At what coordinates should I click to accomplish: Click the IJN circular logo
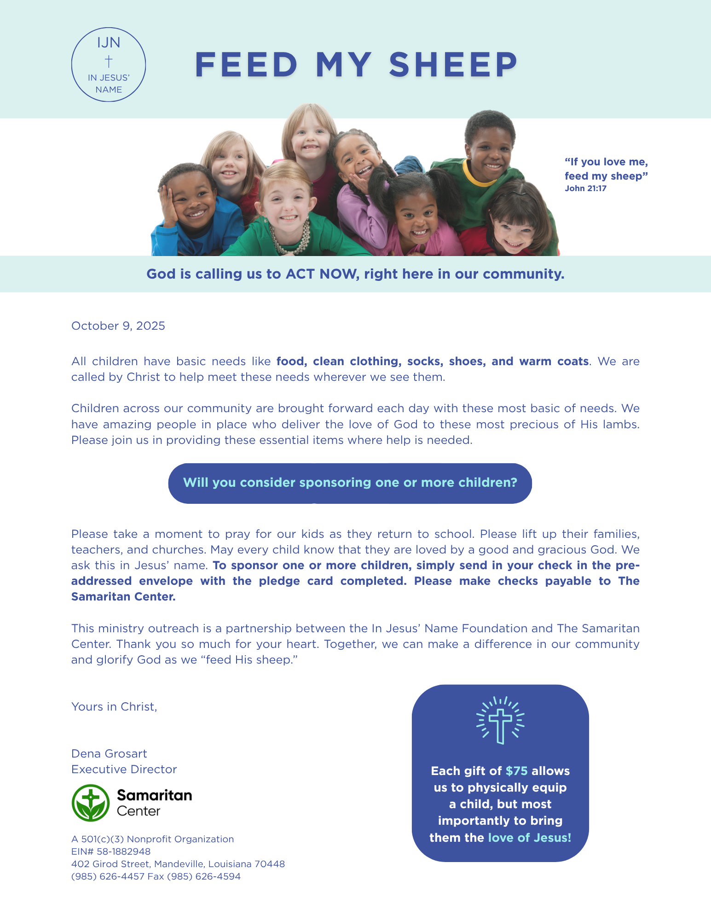(x=109, y=64)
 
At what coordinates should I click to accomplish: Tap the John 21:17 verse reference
(x=585, y=188)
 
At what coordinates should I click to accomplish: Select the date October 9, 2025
(x=118, y=326)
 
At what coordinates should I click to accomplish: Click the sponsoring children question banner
(x=350, y=483)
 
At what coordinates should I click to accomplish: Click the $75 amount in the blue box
(x=516, y=771)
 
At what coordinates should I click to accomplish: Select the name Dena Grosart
(x=109, y=754)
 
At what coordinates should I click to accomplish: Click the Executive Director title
(x=124, y=769)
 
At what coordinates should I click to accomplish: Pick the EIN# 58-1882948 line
(x=111, y=851)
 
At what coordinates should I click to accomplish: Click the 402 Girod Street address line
(x=178, y=864)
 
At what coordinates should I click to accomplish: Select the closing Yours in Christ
(x=114, y=707)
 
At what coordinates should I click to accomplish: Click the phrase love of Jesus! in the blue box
(x=529, y=838)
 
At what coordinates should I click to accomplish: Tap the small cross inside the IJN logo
(x=109, y=61)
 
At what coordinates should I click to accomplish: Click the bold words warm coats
(x=554, y=361)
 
